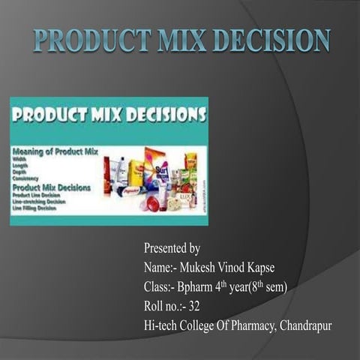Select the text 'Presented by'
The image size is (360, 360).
172,248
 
